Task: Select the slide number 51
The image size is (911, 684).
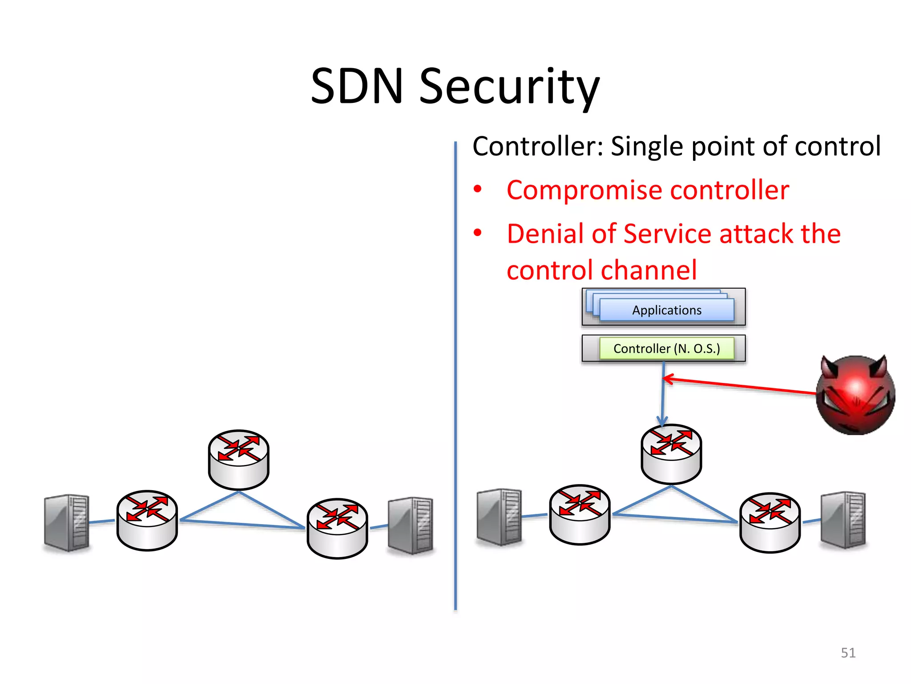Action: coord(848,653)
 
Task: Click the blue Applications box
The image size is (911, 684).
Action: coord(666,310)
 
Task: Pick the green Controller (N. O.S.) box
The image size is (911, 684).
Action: coord(666,349)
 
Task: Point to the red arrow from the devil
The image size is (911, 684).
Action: coord(738,386)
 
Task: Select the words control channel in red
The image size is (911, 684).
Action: coord(601,271)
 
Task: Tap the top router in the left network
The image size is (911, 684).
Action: coord(239,460)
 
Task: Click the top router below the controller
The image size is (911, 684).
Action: coord(671,454)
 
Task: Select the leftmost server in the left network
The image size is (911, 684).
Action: coord(67,522)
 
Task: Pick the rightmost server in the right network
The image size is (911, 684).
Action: coord(843,520)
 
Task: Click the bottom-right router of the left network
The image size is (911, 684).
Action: coord(337,528)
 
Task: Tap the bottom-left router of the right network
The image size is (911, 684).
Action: coord(580,514)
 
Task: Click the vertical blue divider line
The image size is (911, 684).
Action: coord(455,374)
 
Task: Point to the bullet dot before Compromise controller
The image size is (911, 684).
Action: coord(478,189)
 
